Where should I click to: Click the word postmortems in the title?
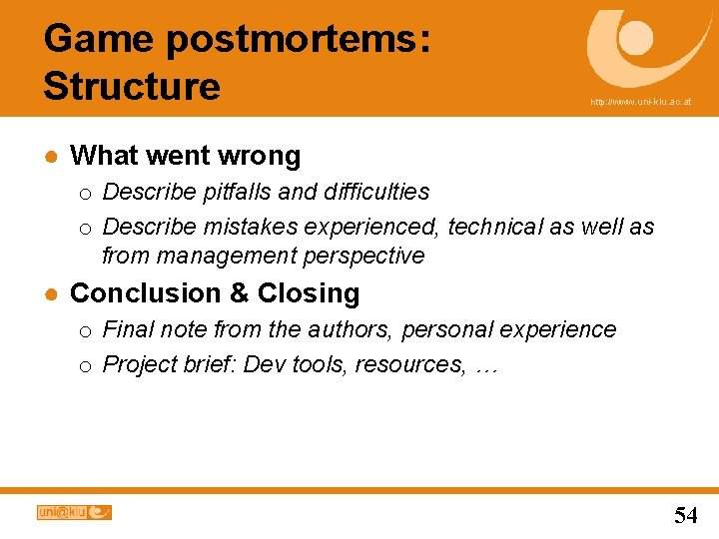pos(297,40)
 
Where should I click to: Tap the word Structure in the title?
pos(132,86)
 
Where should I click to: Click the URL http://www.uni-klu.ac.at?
pos(640,102)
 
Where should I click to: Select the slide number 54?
pos(685,515)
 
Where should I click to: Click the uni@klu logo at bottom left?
pos(74,512)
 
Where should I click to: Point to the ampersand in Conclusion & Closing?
pos(238,293)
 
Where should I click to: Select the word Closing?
pos(309,293)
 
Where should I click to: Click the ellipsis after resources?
pos(486,365)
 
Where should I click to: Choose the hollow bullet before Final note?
pos(87,330)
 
